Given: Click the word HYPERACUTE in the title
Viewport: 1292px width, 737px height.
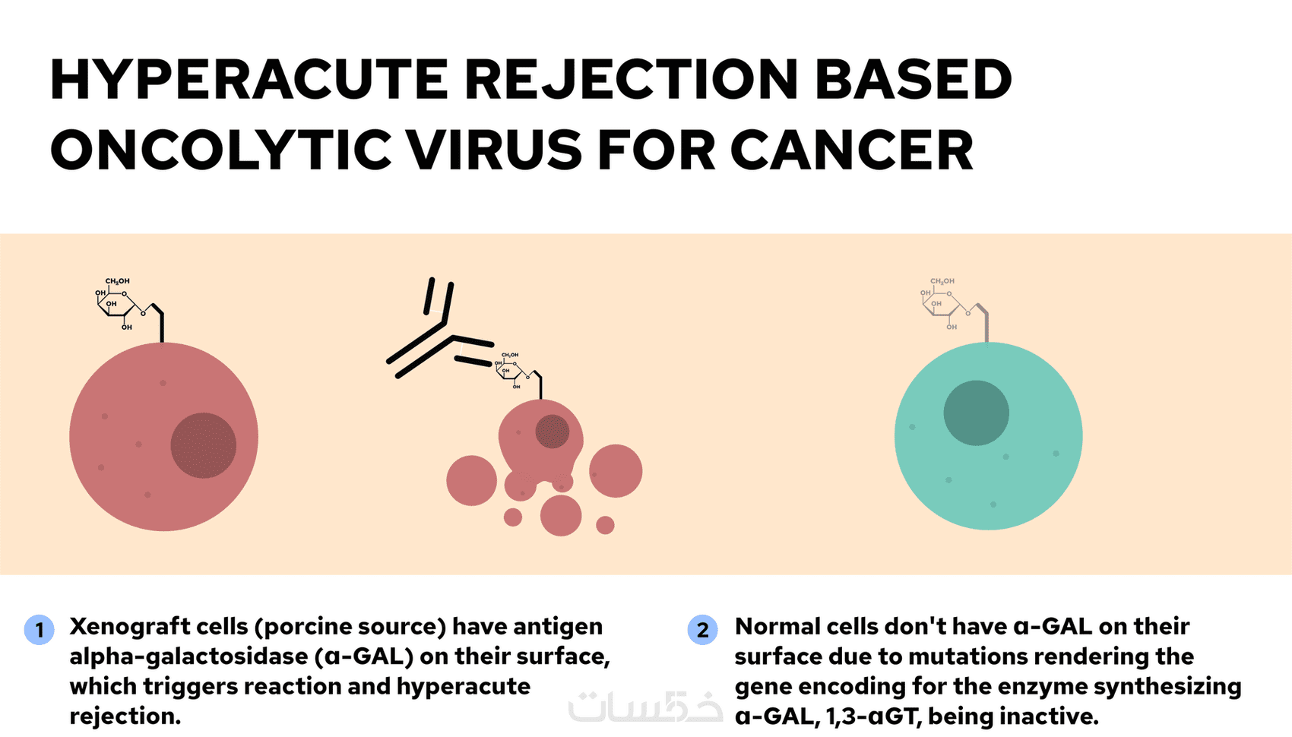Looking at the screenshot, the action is [x=249, y=80].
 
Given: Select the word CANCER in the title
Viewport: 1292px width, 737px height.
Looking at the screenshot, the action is [x=852, y=150].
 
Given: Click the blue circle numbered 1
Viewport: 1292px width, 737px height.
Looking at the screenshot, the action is [x=40, y=630].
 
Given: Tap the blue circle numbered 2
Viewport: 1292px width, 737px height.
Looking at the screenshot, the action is [x=702, y=630].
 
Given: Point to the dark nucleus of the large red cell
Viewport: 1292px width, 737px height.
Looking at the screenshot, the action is [x=203, y=445].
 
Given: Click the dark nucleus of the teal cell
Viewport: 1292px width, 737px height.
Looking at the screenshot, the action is [x=976, y=413].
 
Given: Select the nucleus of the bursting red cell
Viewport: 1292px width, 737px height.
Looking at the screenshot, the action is [x=552, y=432].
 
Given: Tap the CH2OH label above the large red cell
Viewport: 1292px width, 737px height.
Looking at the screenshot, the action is [x=117, y=281].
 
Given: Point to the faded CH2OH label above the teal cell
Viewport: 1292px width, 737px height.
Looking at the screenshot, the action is [x=942, y=281].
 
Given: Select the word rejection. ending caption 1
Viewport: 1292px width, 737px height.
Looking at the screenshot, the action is [x=125, y=716].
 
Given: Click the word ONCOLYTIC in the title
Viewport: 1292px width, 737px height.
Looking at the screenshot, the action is [x=224, y=150].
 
